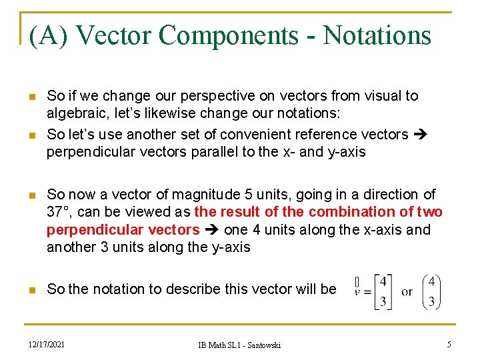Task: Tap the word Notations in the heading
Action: (x=377, y=35)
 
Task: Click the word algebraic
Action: (x=74, y=113)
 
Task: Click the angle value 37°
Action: (x=59, y=212)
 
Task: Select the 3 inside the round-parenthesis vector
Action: (x=432, y=301)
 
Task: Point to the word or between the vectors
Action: (x=407, y=291)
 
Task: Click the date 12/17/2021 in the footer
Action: (x=47, y=344)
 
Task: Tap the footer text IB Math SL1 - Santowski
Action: (x=239, y=345)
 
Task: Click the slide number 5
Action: (x=449, y=344)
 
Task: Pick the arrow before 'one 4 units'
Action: (x=212, y=230)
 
